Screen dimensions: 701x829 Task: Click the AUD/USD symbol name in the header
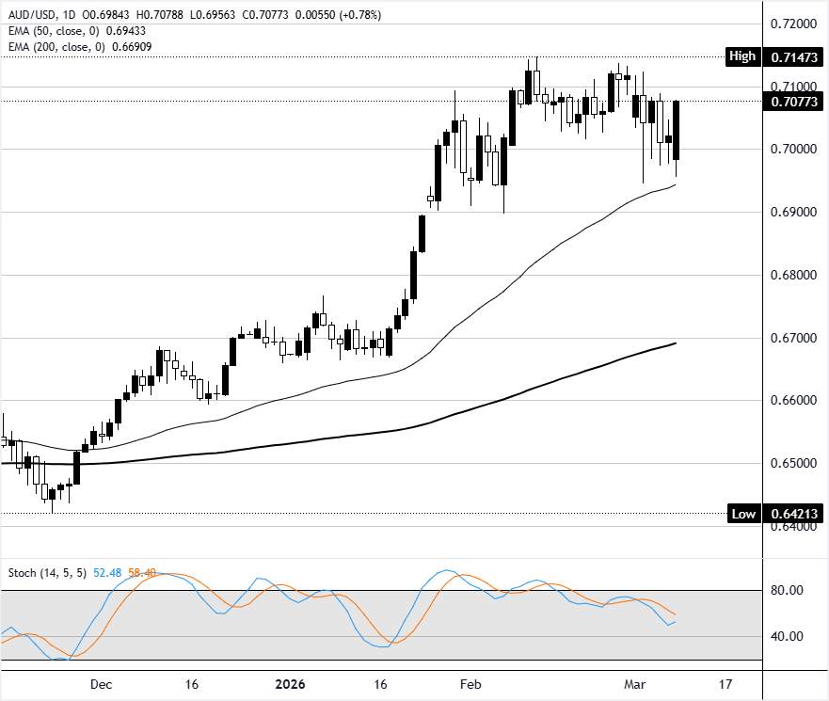[x=30, y=16]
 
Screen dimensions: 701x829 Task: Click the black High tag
[x=742, y=56]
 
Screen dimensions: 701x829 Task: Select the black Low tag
[x=742, y=514]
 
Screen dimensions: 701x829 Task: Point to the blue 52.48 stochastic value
[x=114, y=573]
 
